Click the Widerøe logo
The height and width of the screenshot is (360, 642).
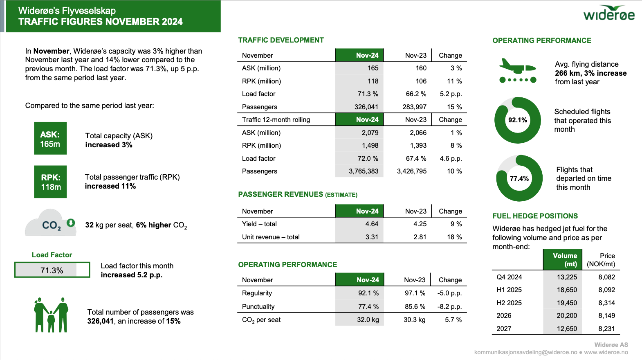tap(609, 13)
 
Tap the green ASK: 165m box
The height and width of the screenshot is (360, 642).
tap(50, 138)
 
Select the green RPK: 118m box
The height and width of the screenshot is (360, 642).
tap(50, 182)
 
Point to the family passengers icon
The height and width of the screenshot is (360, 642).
tap(51, 315)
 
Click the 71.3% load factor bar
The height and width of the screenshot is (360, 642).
tap(52, 270)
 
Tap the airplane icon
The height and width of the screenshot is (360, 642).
tap(518, 70)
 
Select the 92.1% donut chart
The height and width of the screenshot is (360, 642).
tap(518, 120)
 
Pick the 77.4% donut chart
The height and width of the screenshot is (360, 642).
tap(519, 178)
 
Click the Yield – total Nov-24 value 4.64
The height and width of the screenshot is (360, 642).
tap(372, 224)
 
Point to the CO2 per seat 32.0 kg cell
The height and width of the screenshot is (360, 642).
tap(368, 319)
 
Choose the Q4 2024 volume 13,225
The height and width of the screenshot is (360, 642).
tap(567, 277)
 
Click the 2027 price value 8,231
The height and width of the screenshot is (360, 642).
tap(606, 328)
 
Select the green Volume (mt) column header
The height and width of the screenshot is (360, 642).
tap(565, 260)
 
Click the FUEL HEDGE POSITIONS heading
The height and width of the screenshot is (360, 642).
tap(535, 216)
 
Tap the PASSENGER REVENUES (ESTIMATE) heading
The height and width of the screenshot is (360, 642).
tap(298, 194)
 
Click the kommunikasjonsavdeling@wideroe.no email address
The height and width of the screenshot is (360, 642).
tap(525, 352)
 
